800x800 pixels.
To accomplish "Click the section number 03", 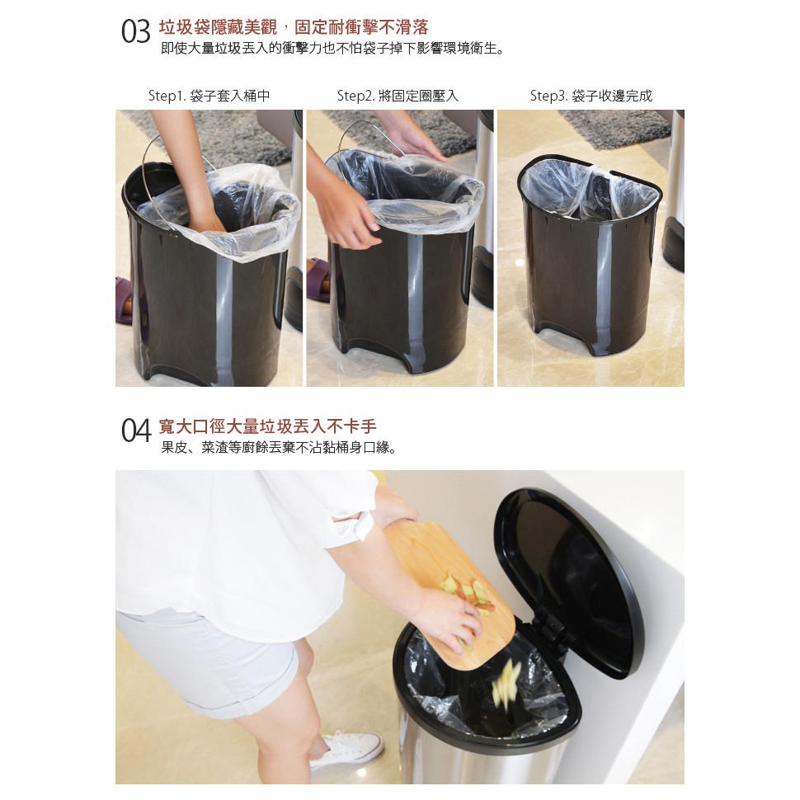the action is point(136,31).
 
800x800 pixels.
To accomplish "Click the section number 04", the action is point(136,431).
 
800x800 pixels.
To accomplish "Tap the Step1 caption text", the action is point(209,96).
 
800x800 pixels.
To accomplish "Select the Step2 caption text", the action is point(398,96).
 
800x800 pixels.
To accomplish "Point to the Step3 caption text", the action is point(591,96).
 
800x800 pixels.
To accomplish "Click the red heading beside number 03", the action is point(294,27).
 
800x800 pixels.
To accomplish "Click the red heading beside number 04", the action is point(267,426).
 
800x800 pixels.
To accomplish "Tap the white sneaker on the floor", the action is point(347,749).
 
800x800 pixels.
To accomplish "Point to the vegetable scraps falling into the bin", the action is point(505,684).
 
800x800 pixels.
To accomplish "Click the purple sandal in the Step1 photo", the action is point(124,300).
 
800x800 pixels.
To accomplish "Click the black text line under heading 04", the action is point(279,448).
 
